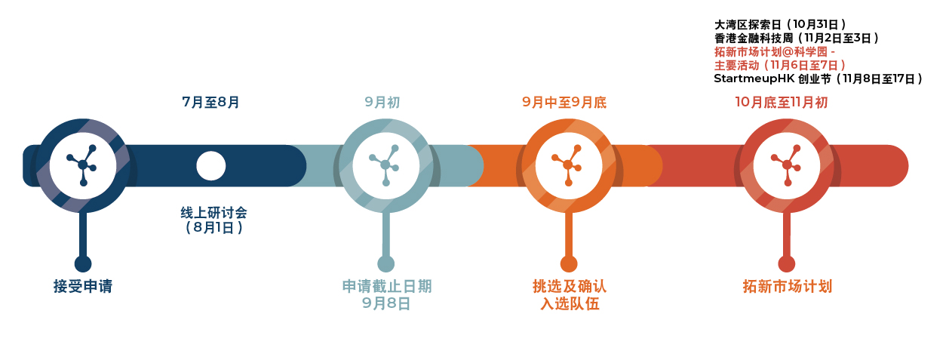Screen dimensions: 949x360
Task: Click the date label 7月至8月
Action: pos(210,102)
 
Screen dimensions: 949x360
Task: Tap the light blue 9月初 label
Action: pos(382,102)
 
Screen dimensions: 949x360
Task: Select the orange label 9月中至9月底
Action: pos(564,102)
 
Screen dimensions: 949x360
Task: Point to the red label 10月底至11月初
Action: pos(782,102)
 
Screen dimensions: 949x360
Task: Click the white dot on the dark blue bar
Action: pos(211,166)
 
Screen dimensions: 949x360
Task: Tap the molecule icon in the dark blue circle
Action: pos(82,165)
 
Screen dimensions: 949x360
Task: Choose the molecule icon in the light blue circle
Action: pos(385,165)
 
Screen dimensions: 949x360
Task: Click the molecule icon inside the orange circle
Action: pos(567,165)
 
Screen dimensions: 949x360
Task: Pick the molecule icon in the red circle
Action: pos(786,165)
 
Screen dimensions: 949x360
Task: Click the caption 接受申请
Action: pos(83,286)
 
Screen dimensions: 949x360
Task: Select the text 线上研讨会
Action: pos(214,212)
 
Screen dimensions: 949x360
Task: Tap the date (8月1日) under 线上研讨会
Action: pos(214,228)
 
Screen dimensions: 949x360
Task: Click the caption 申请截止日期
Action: pos(387,286)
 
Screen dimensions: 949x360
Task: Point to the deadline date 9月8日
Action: pos(386,303)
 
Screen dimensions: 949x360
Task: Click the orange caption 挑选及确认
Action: pos(570,286)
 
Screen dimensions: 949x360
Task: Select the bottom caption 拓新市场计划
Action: pos(787,286)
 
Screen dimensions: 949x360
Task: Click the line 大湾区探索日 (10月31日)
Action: pos(780,25)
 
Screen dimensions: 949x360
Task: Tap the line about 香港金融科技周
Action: pos(797,38)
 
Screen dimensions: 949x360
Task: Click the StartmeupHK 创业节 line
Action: pos(818,79)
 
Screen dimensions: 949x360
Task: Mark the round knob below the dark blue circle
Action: pos(83,263)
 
